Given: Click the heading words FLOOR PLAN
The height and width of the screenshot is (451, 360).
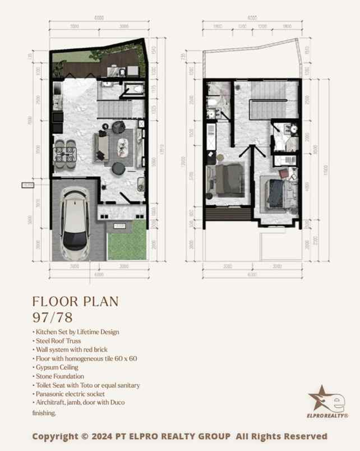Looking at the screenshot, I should point(75,301).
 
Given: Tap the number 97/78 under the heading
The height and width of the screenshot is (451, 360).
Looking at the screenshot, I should point(52,317).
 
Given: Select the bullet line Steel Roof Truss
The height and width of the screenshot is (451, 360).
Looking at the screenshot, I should point(58,340).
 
